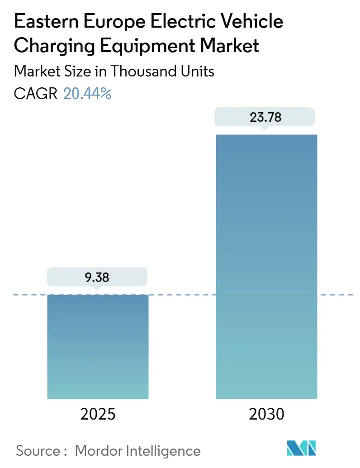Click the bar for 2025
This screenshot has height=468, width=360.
[x=98, y=346]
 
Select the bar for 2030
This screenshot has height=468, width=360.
[x=266, y=267]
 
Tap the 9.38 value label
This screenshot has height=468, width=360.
[x=97, y=277]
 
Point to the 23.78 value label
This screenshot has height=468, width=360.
[x=265, y=118]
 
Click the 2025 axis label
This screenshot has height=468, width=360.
[x=98, y=414]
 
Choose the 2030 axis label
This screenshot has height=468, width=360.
[x=266, y=414]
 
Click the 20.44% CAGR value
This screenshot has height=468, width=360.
[x=87, y=94]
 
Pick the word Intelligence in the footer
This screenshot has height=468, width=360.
[x=163, y=451]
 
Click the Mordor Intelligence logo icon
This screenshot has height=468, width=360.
[x=302, y=448]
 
